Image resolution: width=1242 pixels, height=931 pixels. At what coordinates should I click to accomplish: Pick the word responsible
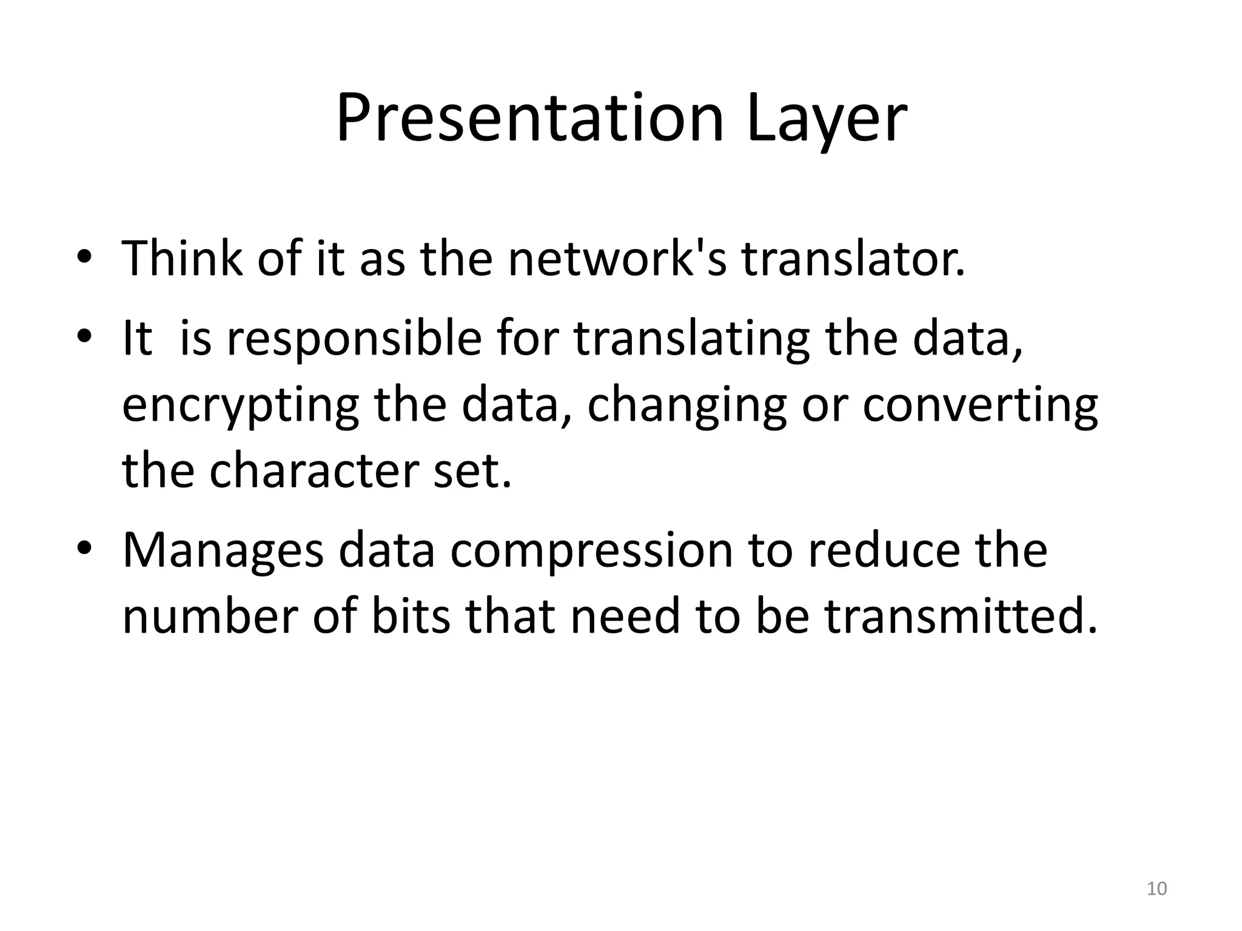(x=354, y=339)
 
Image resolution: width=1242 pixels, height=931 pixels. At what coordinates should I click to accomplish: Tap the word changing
(x=686, y=406)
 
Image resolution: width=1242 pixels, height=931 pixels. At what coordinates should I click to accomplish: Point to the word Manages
(x=223, y=552)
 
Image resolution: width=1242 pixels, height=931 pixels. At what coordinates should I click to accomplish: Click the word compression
(x=591, y=552)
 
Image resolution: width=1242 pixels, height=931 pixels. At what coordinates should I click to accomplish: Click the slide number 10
(x=1156, y=889)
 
